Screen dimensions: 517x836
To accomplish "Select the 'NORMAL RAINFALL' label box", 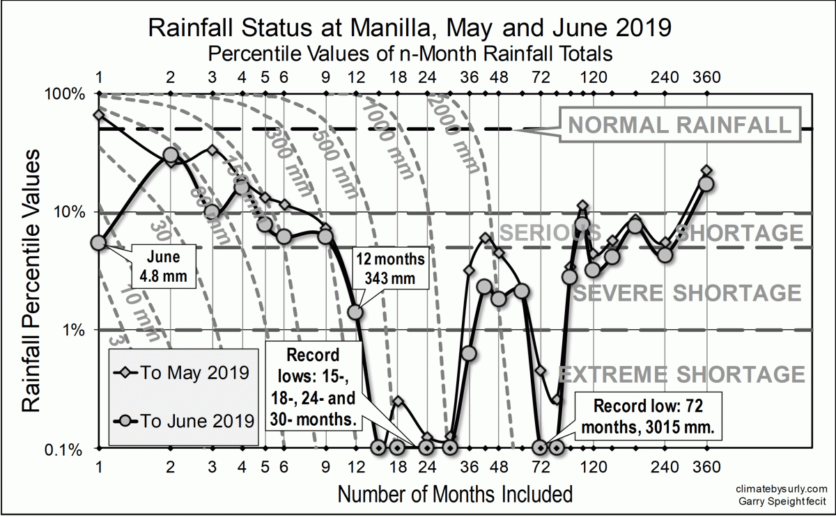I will tap(679, 125).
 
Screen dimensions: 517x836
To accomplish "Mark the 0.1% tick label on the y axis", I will tap(70, 448).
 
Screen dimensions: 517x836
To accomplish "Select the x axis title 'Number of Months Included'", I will tap(455, 495).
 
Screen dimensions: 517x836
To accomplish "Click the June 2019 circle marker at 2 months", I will tap(171, 154).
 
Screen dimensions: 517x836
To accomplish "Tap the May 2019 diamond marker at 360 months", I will tap(706, 170).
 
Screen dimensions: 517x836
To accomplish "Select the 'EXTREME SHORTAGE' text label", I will tap(683, 374).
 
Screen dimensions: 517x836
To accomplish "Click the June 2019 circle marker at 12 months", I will tap(355, 312).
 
